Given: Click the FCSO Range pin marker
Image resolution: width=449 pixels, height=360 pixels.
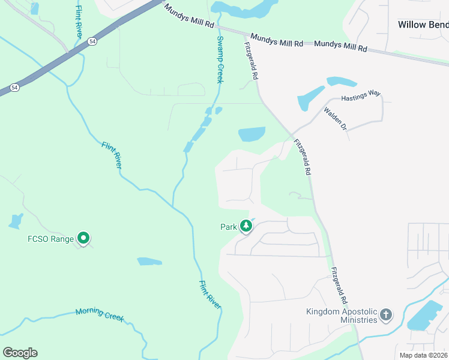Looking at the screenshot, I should (x=84, y=239).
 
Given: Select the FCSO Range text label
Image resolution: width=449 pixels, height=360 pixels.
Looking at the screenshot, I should (x=51, y=239).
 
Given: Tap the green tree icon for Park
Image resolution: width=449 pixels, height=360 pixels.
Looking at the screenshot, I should (x=246, y=226).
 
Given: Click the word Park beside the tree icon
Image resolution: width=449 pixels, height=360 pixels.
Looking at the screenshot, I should (x=229, y=227).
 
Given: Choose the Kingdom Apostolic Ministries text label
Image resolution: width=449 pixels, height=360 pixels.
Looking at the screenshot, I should (x=342, y=316).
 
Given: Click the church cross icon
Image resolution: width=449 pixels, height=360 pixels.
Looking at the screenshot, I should (x=387, y=314).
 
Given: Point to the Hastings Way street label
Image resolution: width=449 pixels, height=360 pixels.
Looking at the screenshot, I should (x=361, y=95).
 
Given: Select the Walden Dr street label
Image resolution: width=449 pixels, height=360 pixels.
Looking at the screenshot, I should (x=336, y=118).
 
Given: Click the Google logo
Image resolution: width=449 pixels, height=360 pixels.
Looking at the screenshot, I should (x=20, y=353).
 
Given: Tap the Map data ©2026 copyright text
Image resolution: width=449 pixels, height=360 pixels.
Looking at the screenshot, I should (x=424, y=355).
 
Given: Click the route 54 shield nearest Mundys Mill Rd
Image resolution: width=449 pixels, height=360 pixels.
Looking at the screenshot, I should (x=92, y=41).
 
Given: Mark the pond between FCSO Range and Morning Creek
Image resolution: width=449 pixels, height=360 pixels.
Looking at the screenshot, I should (x=149, y=262).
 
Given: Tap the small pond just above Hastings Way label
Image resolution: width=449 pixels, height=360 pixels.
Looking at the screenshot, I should (x=341, y=81).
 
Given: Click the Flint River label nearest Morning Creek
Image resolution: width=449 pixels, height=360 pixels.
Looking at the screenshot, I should (x=211, y=294).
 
